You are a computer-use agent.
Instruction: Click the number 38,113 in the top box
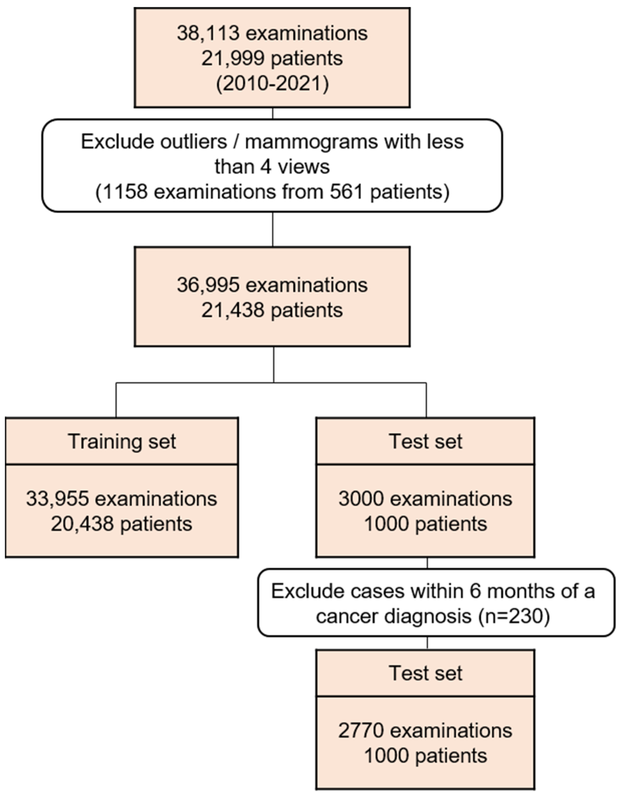pos(208,33)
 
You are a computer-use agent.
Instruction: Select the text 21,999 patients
pos(272,58)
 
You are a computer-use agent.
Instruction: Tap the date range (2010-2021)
pos(272,84)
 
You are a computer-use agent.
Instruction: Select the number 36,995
pos(208,285)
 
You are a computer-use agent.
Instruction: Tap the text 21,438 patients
pos(272,311)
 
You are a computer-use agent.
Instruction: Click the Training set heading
pos(122,442)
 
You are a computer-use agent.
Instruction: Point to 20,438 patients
pos(122,524)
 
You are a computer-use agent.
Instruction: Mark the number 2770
pos(361,731)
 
